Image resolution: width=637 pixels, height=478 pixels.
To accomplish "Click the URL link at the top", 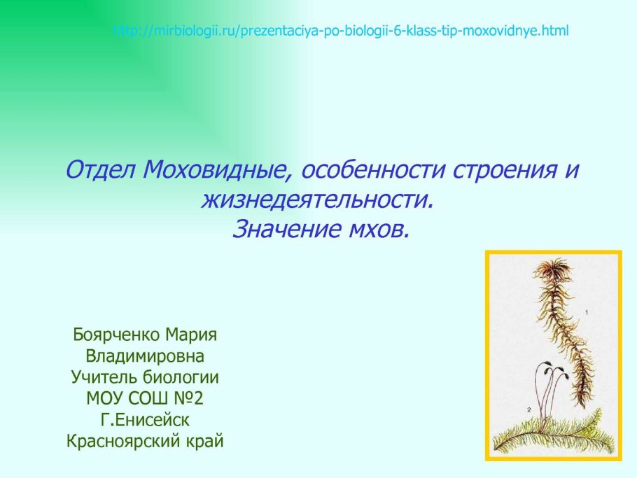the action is point(340,31).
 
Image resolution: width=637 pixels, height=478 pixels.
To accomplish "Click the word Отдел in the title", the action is point(100,170).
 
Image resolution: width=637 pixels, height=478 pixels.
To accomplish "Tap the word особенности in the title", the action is point(373,170).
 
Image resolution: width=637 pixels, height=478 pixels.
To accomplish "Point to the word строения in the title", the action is point(505,171).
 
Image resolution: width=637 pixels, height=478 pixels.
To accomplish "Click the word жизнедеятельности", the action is point(317,200).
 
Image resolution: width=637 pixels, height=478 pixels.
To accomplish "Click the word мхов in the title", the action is point(378,230).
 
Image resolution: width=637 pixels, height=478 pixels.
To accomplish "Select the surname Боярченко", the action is point(117,335).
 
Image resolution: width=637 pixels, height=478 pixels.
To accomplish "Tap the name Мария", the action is point(191,335).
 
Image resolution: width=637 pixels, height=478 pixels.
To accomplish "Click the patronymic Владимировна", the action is point(145,356).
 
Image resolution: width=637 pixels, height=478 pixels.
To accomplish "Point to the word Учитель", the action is point(106,377).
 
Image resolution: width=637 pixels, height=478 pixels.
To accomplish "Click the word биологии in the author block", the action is point(182,377).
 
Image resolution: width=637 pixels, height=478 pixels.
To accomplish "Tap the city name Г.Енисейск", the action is point(145,420).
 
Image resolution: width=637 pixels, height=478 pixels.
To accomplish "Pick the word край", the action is point(206,441).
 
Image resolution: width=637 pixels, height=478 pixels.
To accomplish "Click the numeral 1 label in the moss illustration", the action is point(587,312).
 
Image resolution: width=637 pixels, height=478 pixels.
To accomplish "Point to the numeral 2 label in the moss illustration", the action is point(529,410).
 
